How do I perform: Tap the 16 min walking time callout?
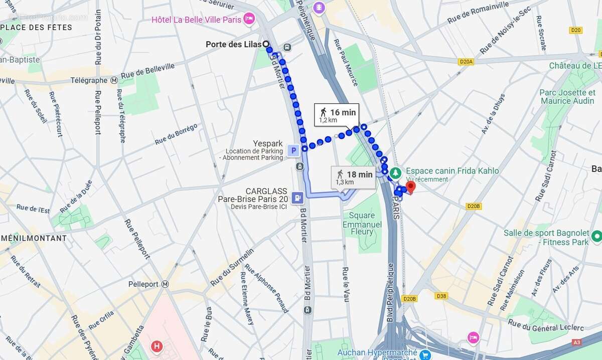(337, 115)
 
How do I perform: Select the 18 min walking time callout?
(354, 177)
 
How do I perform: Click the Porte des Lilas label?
(233, 45)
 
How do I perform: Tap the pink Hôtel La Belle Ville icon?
(249, 20)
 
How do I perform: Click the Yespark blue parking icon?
(293, 150)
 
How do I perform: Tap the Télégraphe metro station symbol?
(114, 80)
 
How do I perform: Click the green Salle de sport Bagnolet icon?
(596, 235)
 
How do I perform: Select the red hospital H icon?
(157, 346)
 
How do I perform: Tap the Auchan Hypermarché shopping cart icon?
(425, 354)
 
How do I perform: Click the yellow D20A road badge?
(466, 62)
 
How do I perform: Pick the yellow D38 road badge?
(441, 296)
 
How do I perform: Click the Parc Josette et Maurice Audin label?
(567, 97)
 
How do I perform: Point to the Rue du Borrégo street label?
(176, 134)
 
